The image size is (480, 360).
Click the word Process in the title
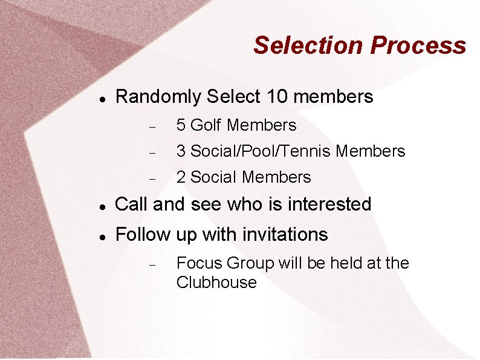418,45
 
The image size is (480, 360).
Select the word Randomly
158,97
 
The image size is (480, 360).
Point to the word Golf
206,125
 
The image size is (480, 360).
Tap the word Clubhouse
216,283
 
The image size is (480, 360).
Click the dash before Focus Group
153,264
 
